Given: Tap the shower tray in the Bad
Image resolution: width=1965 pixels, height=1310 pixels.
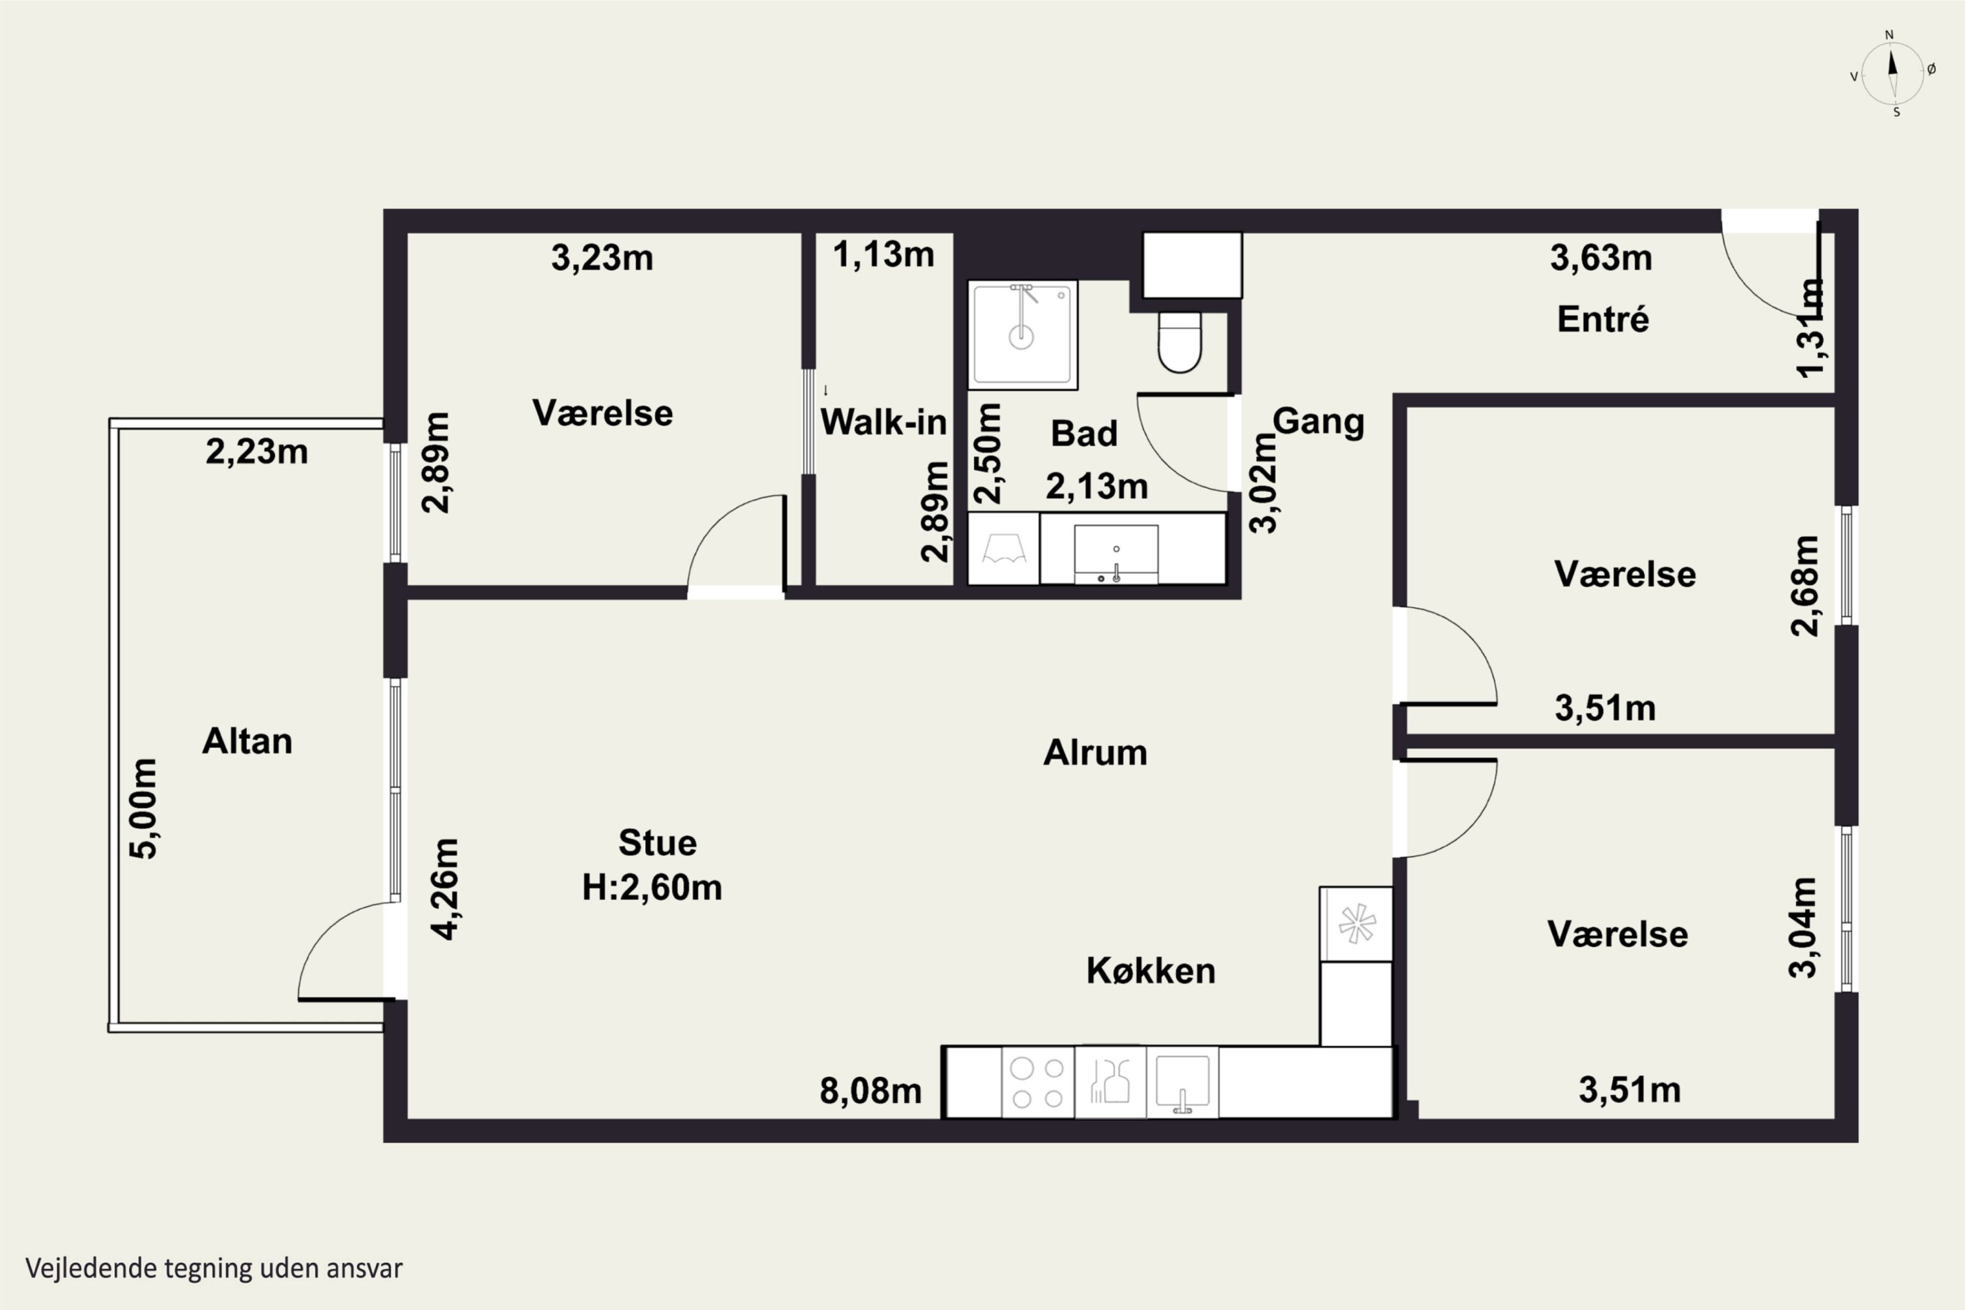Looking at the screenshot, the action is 1022,335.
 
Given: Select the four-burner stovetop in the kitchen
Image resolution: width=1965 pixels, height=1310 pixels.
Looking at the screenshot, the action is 1038,1082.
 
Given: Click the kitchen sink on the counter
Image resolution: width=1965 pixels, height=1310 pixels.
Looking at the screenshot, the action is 1182,1082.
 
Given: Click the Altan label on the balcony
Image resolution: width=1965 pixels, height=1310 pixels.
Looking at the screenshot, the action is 248,741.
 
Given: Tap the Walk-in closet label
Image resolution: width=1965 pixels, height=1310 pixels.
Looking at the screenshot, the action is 884,422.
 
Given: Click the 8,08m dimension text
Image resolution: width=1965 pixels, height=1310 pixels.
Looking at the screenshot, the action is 870,1091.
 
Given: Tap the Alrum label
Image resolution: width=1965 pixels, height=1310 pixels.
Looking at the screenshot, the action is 1095,753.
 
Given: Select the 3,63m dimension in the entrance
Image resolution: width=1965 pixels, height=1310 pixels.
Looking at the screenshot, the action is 1601,258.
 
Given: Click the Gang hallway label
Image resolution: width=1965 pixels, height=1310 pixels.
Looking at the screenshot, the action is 1319,422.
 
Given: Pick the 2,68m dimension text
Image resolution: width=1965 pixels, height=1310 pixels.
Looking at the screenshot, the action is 1805,586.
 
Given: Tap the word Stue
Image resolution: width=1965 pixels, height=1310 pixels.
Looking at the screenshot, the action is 658,843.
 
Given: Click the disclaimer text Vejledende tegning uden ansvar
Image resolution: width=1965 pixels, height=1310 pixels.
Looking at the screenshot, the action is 214,1268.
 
